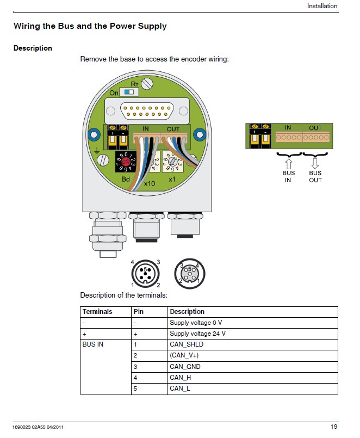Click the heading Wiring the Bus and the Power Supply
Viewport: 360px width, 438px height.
90,26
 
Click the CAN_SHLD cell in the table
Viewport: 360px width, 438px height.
187,344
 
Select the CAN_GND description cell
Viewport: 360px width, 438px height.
185,367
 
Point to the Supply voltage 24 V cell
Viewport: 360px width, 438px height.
197,334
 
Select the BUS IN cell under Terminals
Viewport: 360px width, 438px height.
93,344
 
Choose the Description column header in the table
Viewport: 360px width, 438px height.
187,312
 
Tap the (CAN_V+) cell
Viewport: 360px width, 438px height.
184,355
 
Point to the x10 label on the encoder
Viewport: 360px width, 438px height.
149,185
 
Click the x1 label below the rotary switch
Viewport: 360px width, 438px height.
173,180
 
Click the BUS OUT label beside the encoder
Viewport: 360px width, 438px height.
315,177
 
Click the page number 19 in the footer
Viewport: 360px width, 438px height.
334,426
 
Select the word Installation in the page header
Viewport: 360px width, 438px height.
322,7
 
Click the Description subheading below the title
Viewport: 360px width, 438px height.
33,48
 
